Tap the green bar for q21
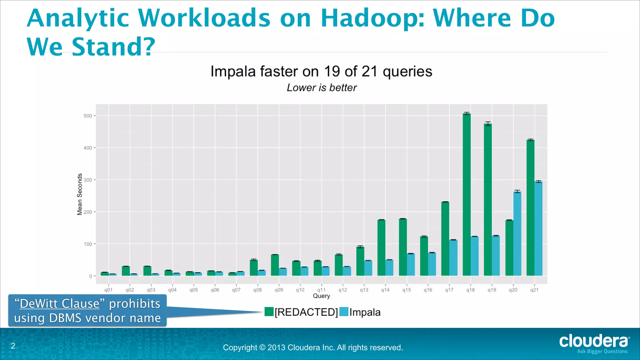tap(530, 207)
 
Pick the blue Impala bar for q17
tap(453, 257)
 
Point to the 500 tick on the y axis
tap(88, 116)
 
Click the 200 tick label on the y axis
tap(88, 212)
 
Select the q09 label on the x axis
tap(279, 290)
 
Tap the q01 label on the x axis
tap(108, 290)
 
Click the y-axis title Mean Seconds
tap(80, 194)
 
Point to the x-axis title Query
tap(321, 296)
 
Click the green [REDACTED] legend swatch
tap(269, 312)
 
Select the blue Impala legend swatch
tap(344, 312)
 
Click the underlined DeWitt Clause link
tap(59, 304)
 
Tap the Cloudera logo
tap(594, 341)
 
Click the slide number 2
tap(13, 346)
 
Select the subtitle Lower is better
tap(322, 88)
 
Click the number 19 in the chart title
tap(332, 72)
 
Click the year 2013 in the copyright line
tap(276, 347)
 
